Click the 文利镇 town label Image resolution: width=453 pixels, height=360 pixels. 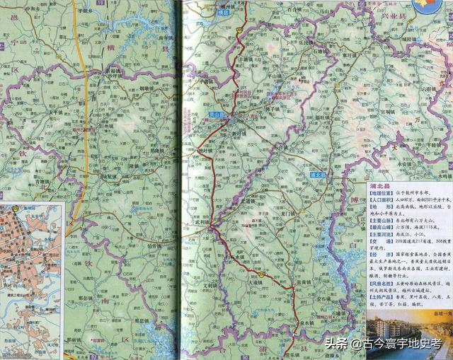(x=212, y=286)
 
